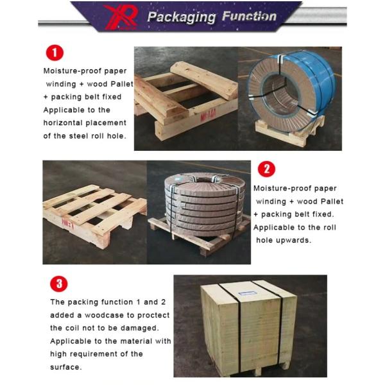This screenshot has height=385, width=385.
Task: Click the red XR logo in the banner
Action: [x=121, y=17]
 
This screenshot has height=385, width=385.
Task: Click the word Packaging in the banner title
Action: [x=182, y=17]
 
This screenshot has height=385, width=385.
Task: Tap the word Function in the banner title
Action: [x=249, y=16]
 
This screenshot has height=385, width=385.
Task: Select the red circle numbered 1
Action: [x=55, y=53]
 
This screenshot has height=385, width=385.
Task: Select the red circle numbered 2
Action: [x=266, y=169]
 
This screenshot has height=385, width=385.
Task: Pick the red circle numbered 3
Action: [x=58, y=284]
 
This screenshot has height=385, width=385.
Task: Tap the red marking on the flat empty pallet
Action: [x=68, y=223]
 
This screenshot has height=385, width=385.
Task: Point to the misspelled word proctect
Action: [x=153, y=315]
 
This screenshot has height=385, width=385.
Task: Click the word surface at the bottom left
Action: [x=65, y=367]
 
